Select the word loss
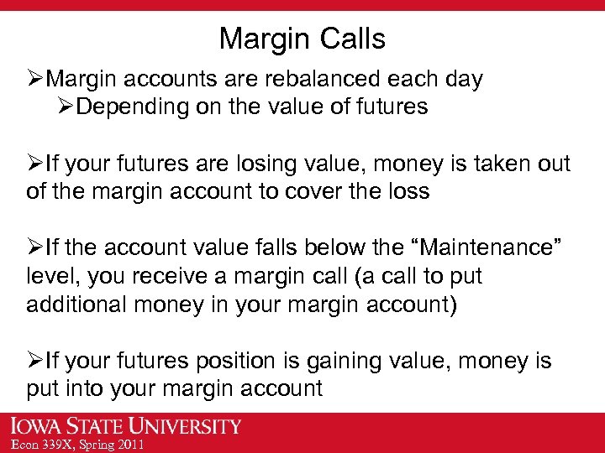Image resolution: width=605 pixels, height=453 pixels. [x=407, y=191]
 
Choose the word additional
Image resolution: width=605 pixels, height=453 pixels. [x=76, y=304]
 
